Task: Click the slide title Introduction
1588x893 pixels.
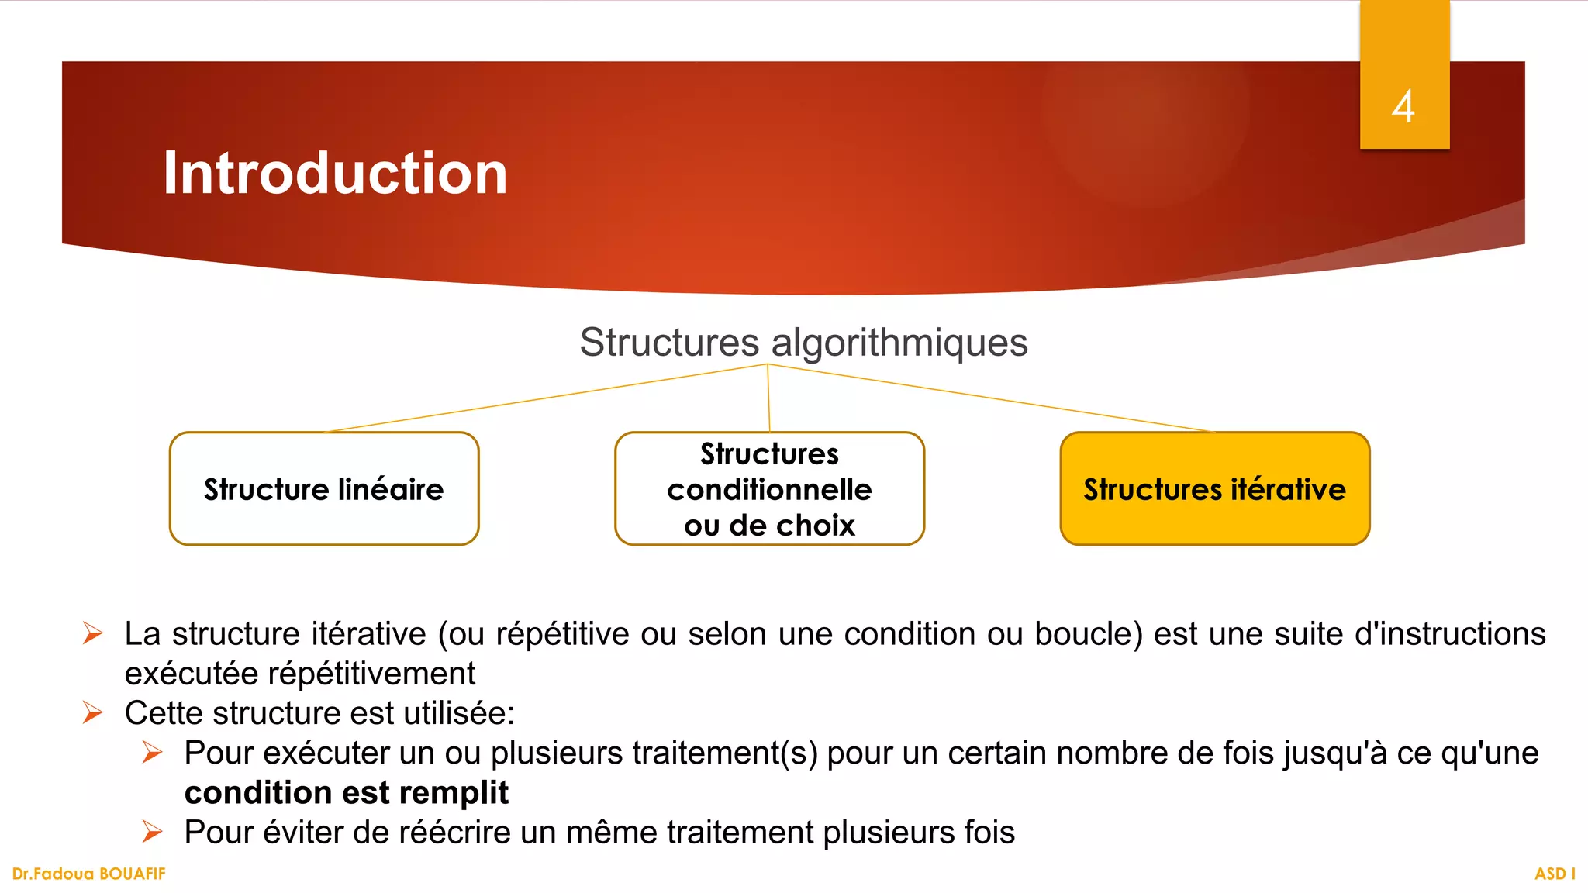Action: coord(335,173)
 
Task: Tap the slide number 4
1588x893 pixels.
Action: coord(1403,106)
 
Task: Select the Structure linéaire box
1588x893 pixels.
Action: coord(324,489)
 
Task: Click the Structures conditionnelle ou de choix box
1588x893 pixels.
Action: coord(769,489)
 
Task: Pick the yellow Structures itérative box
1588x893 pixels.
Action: coord(1214,489)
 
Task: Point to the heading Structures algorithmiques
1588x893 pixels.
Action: coord(803,343)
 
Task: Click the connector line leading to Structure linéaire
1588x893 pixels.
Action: coord(543,398)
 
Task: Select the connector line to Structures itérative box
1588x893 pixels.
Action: coord(992,398)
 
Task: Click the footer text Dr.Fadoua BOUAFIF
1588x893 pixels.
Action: coord(89,874)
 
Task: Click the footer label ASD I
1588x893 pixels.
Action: coord(1555,874)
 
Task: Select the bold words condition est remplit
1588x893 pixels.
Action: coord(347,793)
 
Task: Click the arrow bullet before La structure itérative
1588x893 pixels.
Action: coord(93,633)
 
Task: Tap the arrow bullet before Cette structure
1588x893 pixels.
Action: coord(93,712)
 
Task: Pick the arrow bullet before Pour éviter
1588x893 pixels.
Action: coord(153,832)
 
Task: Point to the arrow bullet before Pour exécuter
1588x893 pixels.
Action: coord(153,752)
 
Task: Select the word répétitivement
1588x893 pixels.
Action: coord(371,674)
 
